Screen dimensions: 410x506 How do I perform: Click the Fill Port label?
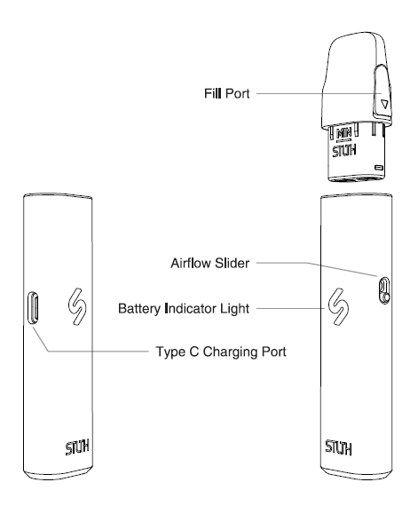click(227, 93)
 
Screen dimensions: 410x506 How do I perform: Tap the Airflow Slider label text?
click(210, 263)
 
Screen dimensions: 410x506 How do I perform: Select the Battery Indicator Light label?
click(184, 309)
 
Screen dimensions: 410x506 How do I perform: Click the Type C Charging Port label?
click(221, 352)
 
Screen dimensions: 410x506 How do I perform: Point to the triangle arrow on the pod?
click(384, 104)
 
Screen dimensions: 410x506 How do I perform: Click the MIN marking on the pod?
click(343, 134)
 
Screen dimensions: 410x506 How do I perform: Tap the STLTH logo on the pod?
click(344, 151)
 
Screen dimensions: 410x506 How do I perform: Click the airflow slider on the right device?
click(384, 290)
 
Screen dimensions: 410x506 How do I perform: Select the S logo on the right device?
click(338, 306)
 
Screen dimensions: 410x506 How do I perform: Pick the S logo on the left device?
click(77, 306)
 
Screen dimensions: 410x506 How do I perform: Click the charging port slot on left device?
click(33, 308)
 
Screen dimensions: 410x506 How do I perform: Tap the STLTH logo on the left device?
click(77, 447)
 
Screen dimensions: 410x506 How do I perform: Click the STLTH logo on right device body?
click(338, 447)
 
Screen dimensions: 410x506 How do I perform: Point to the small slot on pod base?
click(379, 168)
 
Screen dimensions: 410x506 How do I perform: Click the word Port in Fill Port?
click(238, 93)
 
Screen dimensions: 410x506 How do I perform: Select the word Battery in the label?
click(139, 309)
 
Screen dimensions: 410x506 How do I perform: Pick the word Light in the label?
click(235, 309)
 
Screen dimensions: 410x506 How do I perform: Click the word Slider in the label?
click(233, 263)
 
